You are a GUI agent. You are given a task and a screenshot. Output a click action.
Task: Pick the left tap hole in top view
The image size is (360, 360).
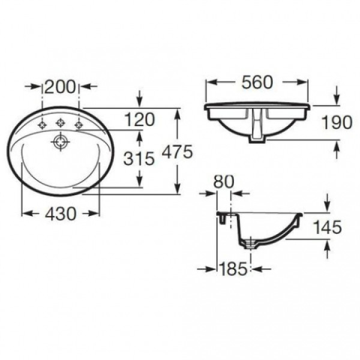click(x=42, y=125)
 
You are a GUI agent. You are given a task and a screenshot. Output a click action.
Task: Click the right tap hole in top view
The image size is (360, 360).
click(x=78, y=125)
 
